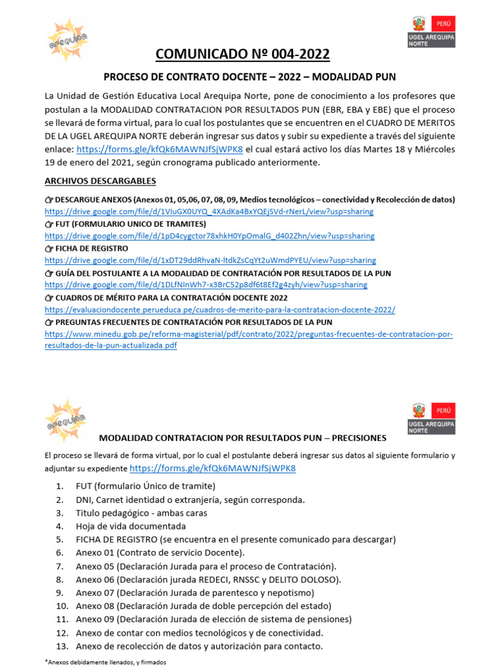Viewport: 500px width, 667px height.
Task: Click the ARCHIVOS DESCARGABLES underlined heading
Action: (x=100, y=180)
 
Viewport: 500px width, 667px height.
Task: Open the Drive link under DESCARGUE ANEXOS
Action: (x=209, y=212)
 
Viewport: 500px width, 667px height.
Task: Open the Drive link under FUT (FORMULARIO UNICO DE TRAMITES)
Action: (x=210, y=236)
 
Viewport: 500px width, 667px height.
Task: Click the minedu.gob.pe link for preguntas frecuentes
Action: (x=249, y=334)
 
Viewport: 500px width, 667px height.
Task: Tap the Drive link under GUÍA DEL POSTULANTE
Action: (x=206, y=285)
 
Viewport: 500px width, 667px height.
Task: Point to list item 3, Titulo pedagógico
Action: (x=141, y=513)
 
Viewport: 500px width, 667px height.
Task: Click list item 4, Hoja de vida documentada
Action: (x=130, y=526)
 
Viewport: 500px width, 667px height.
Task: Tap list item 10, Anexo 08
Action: (x=203, y=606)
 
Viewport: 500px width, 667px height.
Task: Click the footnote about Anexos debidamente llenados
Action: (x=105, y=662)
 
